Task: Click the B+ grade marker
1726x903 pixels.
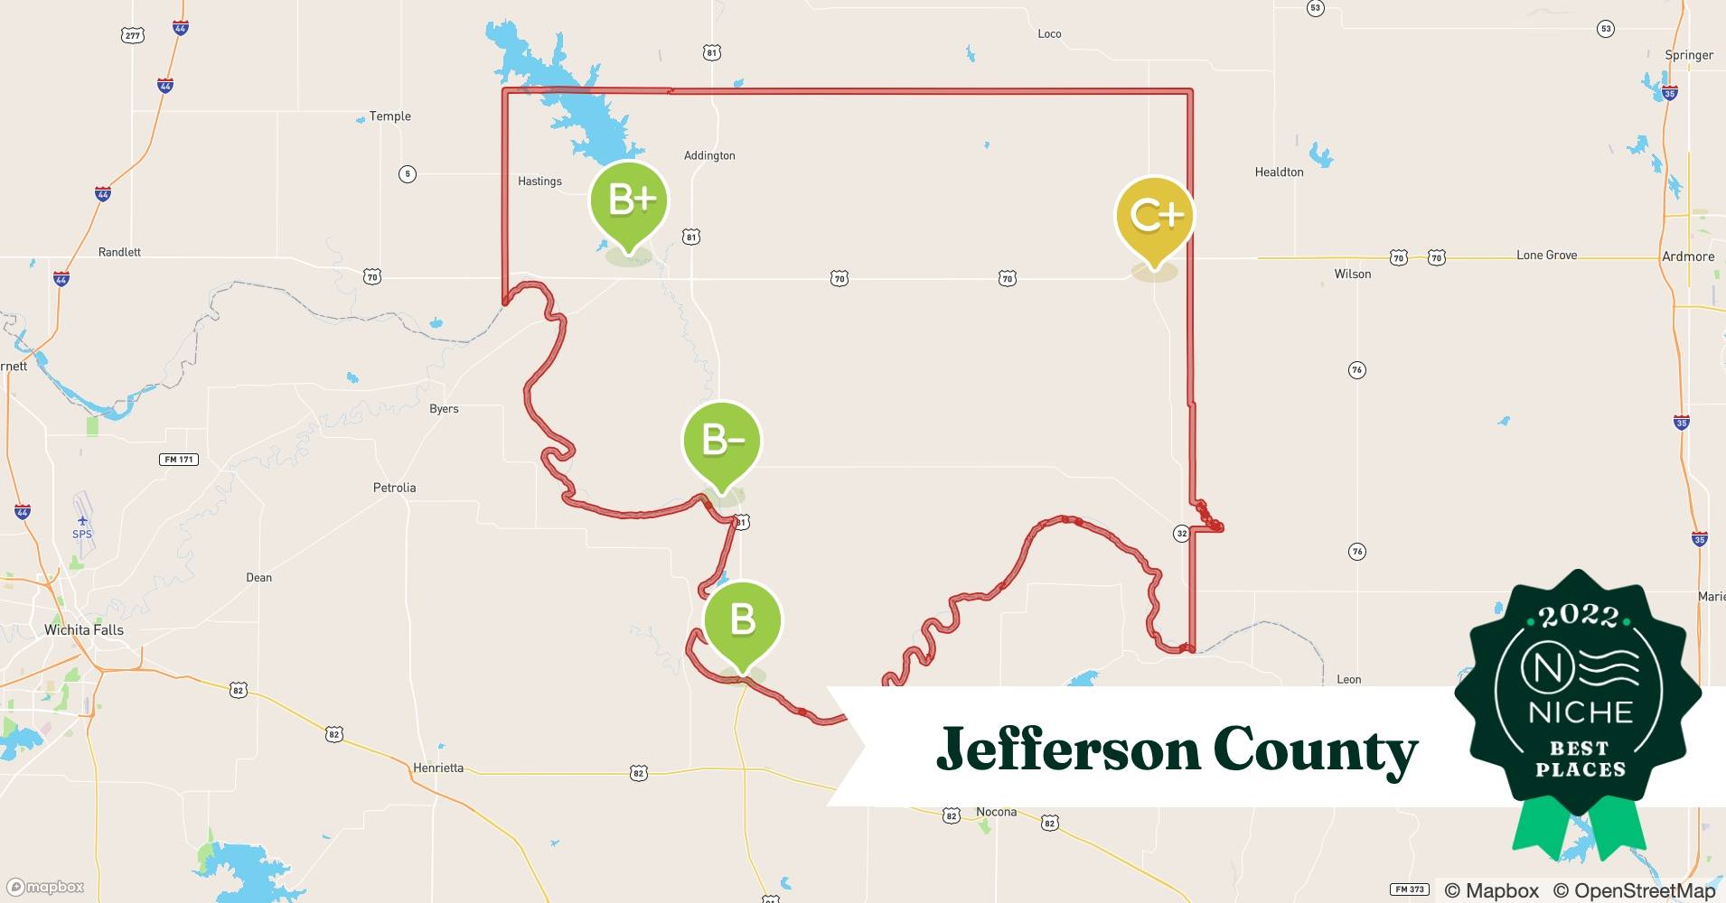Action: click(629, 200)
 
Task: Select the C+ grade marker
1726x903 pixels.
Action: click(1155, 216)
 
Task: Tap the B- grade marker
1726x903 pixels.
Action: click(721, 441)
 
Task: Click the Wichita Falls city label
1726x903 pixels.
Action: click(84, 629)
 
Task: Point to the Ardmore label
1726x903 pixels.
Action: click(1687, 256)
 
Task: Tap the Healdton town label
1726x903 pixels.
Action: click(1279, 172)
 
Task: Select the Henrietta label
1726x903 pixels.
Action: click(438, 768)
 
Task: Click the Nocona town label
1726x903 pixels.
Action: click(996, 812)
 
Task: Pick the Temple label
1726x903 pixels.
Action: click(389, 116)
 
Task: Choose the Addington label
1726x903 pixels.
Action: click(709, 155)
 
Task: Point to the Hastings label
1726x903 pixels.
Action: click(539, 181)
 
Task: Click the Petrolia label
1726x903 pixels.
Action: click(394, 488)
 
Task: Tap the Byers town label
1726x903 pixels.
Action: click(444, 408)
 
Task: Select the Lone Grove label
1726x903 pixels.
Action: click(1546, 256)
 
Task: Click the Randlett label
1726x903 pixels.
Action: click(119, 252)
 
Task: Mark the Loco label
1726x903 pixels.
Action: click(1049, 33)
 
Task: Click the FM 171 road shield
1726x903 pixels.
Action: click(179, 460)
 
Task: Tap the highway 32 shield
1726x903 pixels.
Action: click(1181, 534)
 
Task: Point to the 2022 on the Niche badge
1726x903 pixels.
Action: click(1579, 616)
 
